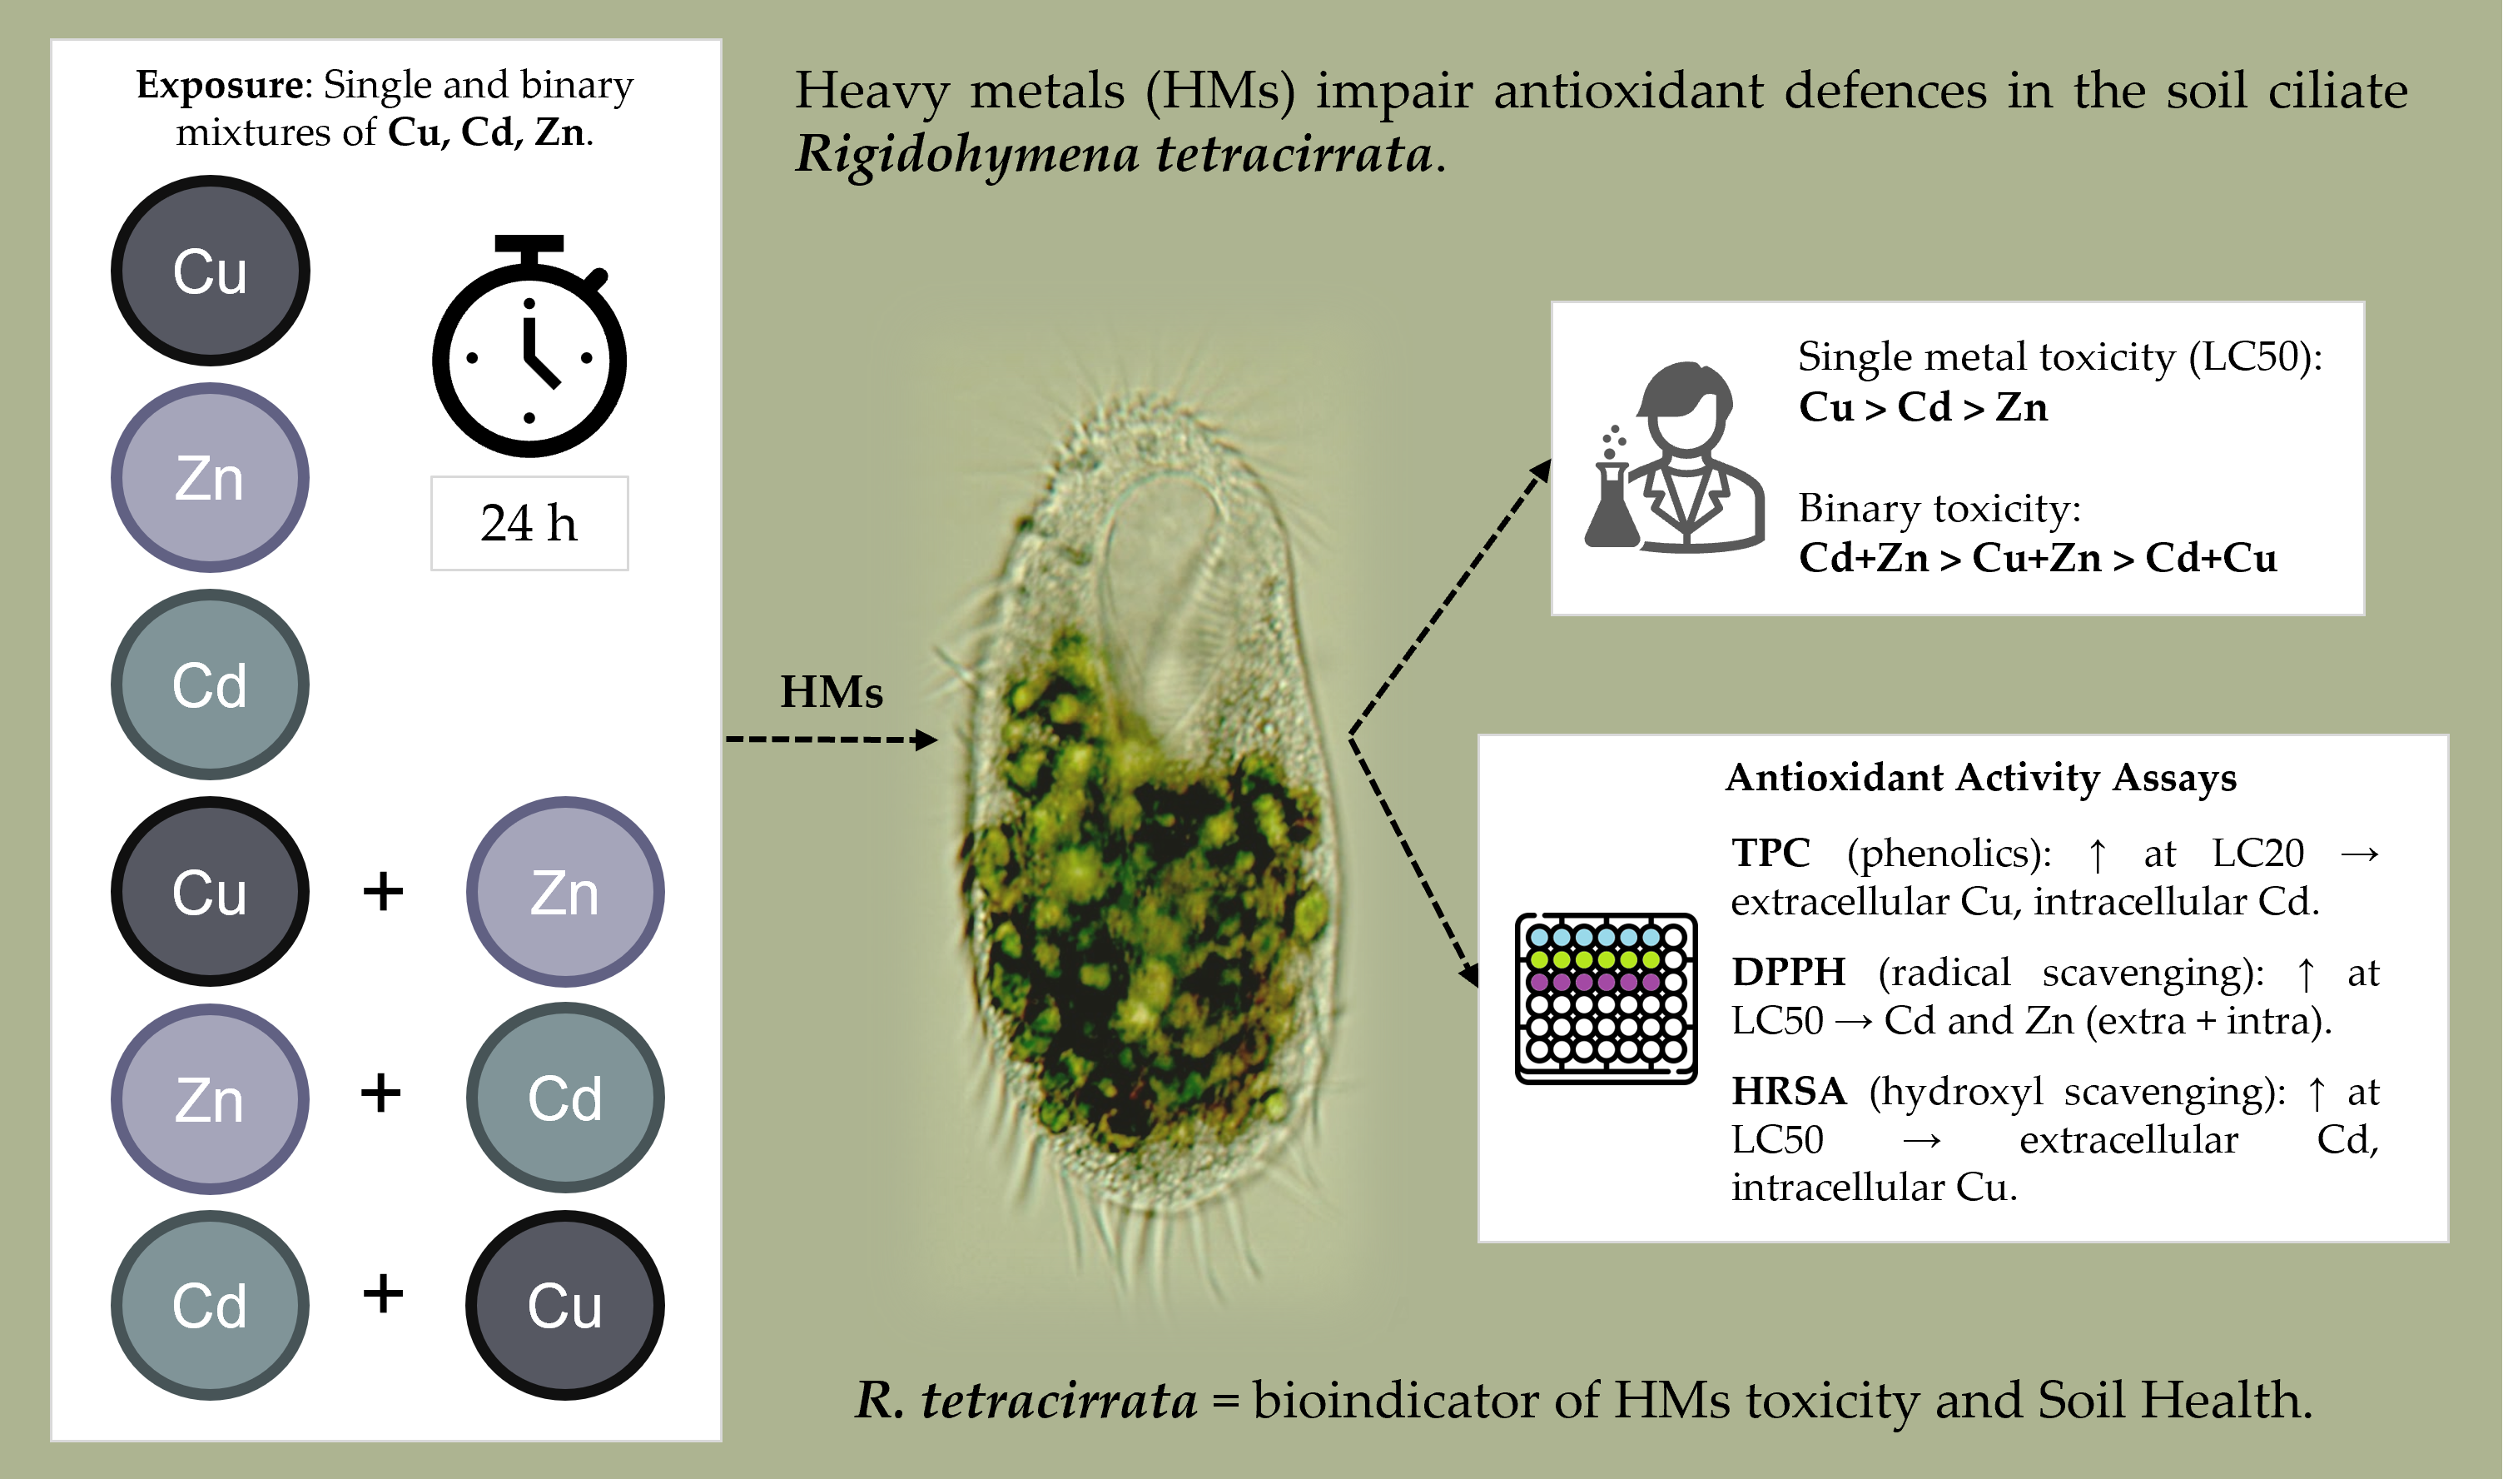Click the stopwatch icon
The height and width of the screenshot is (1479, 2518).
(x=529, y=350)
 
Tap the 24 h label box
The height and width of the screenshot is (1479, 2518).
(x=529, y=524)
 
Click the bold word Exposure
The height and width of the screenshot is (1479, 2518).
(x=219, y=86)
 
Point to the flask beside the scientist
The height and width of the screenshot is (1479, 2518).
(x=1611, y=505)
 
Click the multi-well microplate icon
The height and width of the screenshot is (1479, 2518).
(x=1606, y=998)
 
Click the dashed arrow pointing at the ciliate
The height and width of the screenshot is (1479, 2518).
(x=829, y=739)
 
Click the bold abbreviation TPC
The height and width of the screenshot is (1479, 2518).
(x=1770, y=854)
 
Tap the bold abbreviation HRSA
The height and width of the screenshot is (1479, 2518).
(x=1788, y=1091)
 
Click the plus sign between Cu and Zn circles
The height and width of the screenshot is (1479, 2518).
(x=383, y=890)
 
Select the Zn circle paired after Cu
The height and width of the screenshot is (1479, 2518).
(x=564, y=891)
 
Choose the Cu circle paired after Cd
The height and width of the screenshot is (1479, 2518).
(x=564, y=1305)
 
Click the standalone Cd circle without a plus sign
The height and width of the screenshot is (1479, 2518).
(x=210, y=685)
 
